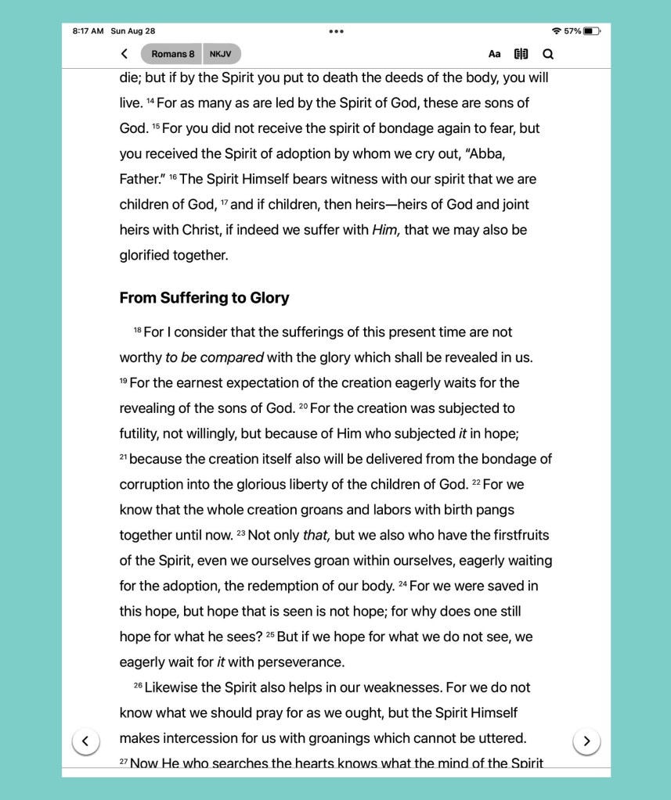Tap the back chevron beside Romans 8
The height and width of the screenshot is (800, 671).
tap(124, 54)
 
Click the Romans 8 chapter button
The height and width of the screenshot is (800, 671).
tap(172, 54)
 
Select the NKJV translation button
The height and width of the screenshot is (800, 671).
tap(221, 54)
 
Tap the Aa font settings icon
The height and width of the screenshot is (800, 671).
tap(495, 54)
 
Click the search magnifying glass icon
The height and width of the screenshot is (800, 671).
tap(548, 54)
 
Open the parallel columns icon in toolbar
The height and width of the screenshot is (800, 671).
tap(521, 54)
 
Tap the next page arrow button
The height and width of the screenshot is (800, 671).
tap(586, 741)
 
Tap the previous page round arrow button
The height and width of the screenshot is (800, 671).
tap(86, 741)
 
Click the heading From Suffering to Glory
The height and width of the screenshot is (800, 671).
tap(204, 298)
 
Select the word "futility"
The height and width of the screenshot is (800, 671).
tap(142, 434)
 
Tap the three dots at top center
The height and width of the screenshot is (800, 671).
tap(336, 31)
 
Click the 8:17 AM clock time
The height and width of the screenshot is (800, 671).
tap(88, 31)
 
